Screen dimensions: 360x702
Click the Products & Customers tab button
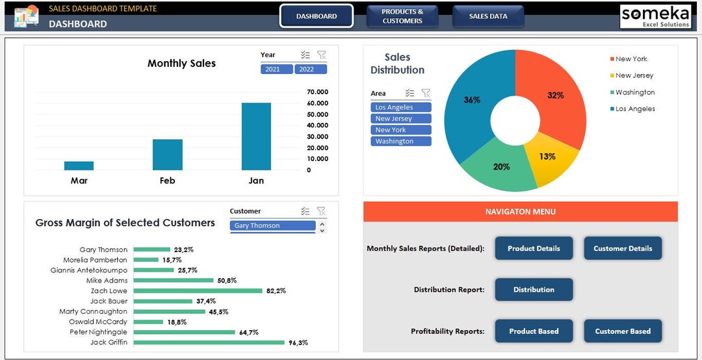pyautogui.click(x=402, y=16)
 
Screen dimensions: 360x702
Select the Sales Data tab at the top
pyautogui.click(x=488, y=16)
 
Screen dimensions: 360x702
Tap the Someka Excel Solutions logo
pyautogui.click(x=655, y=16)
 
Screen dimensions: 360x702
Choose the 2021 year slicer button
pyautogui.click(x=277, y=69)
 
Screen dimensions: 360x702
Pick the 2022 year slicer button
pyautogui.click(x=311, y=69)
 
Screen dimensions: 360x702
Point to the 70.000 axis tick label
pyautogui.click(x=317, y=92)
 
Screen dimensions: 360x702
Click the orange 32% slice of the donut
pyautogui.click(x=552, y=97)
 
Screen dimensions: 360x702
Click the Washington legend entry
pyautogui.click(x=634, y=92)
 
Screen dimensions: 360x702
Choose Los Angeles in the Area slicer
pyautogui.click(x=401, y=107)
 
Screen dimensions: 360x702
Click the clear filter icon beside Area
pyautogui.click(x=426, y=93)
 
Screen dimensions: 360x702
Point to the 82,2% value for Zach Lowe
pyautogui.click(x=276, y=290)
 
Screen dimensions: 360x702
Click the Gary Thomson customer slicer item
pyautogui.click(x=273, y=225)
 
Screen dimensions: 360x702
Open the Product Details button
pyautogui.click(x=534, y=248)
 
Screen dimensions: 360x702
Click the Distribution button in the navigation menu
pyautogui.click(x=534, y=290)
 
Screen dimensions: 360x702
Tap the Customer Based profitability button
pyautogui.click(x=622, y=331)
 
